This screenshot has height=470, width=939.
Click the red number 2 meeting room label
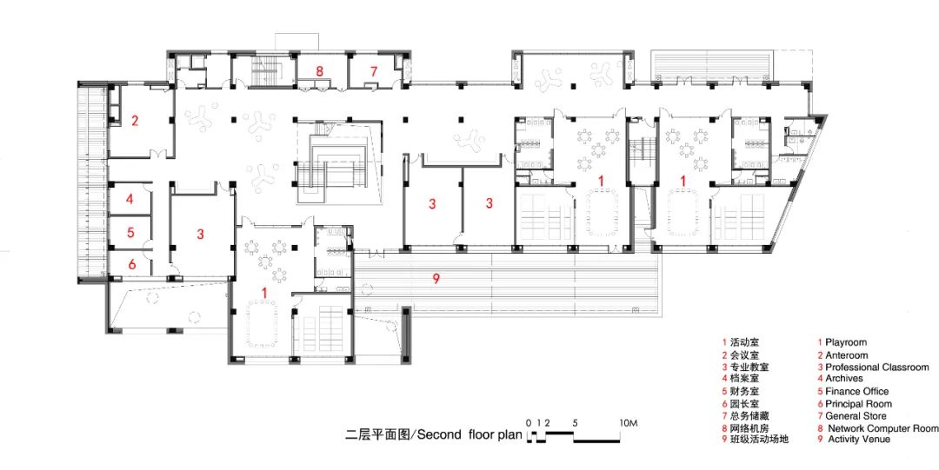pos(135,121)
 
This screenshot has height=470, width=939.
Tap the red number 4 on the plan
pos(130,199)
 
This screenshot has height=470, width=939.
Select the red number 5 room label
pos(130,232)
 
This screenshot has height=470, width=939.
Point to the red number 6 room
pos(132,263)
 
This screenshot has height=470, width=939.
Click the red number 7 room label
pos(374,71)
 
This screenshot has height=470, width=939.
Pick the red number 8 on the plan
pos(320,71)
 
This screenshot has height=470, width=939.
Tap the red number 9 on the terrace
pos(436,278)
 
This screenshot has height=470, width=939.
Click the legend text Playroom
pos(846,342)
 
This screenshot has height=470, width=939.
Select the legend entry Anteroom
pos(846,355)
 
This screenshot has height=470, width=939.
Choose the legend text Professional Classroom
pos(877,367)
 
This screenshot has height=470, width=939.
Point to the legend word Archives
pos(844,379)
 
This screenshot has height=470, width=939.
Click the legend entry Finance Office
pos(857,391)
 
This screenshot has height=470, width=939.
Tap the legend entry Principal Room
pos(858,404)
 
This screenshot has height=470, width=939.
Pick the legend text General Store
pos(856,415)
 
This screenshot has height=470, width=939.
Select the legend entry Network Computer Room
pos(883,428)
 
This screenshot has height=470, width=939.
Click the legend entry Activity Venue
pos(859,440)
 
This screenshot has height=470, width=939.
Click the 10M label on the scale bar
pos(629,423)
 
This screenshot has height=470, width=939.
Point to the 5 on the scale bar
pos(575,423)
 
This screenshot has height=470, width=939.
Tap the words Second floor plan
pos(469,434)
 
